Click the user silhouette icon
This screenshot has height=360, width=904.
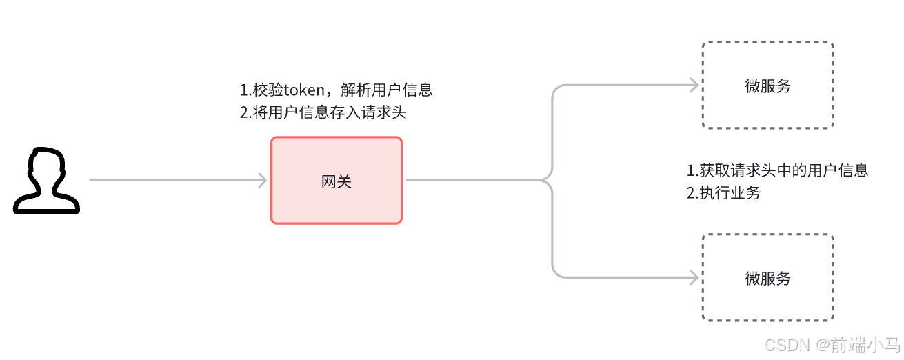(46, 181)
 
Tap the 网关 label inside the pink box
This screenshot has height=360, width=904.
(336, 181)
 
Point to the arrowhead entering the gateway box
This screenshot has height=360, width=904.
(262, 181)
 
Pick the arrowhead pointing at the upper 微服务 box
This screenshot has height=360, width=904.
(694, 86)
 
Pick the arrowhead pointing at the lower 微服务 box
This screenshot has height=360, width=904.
(694, 278)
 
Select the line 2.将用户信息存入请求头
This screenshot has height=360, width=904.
(323, 112)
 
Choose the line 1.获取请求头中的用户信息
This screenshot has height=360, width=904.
(777, 170)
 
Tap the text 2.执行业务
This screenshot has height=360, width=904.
(723, 193)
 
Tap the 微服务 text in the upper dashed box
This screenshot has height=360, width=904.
(767, 86)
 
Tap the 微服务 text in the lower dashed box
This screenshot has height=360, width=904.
(767, 278)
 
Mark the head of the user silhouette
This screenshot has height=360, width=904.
(46, 166)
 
